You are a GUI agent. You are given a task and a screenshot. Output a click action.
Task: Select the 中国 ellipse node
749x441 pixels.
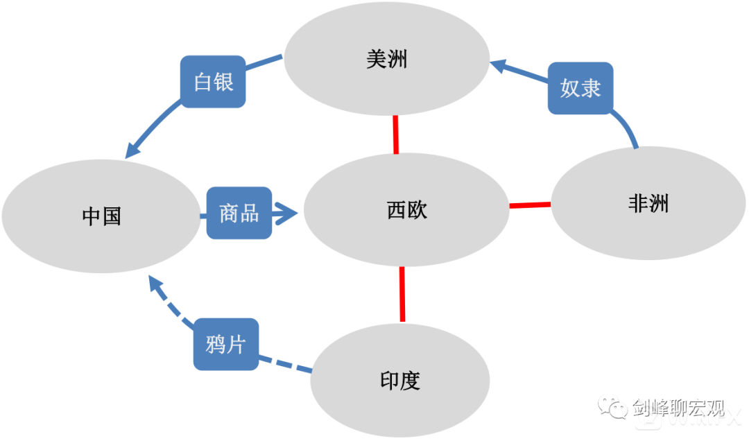(101, 216)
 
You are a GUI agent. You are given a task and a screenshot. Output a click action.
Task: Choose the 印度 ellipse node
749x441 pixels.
(400, 381)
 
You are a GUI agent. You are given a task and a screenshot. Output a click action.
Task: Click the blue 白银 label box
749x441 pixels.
(213, 82)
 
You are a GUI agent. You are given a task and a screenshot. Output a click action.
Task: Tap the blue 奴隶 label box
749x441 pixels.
(580, 89)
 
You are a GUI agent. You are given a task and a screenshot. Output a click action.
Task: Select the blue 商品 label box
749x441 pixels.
(239, 214)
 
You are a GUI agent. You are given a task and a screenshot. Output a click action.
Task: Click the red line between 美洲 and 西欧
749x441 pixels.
(396, 135)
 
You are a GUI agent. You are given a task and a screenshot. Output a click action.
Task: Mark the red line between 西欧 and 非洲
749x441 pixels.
(531, 205)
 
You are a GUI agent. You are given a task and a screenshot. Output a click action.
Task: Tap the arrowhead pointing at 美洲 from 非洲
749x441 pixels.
(501, 66)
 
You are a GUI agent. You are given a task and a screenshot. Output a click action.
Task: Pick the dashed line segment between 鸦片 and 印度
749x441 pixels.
(285, 365)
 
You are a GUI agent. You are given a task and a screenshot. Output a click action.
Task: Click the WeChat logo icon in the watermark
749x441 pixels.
(614, 407)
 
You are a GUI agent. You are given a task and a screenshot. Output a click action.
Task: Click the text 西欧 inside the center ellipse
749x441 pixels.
(407, 209)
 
